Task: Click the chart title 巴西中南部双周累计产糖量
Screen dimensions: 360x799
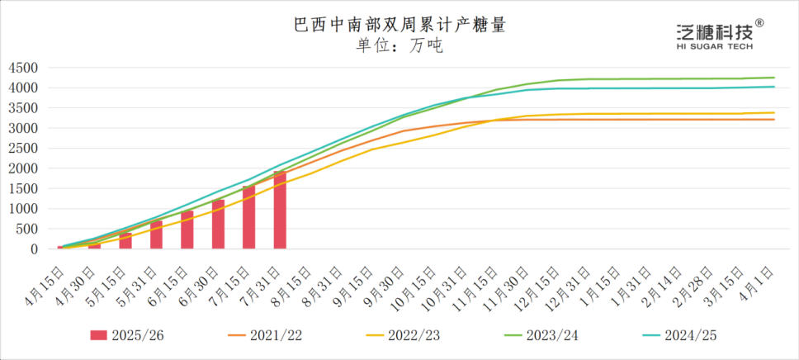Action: click(x=399, y=25)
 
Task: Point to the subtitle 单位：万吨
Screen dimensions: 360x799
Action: click(x=399, y=46)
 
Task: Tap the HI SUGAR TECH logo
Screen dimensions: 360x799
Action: click(x=715, y=36)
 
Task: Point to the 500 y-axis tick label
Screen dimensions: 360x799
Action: click(x=28, y=229)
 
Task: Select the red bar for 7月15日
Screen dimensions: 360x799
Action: click(x=249, y=217)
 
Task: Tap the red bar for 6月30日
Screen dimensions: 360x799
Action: click(x=218, y=224)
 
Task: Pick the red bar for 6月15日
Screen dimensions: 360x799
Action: click(x=187, y=230)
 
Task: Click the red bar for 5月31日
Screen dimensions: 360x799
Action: click(x=156, y=234)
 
